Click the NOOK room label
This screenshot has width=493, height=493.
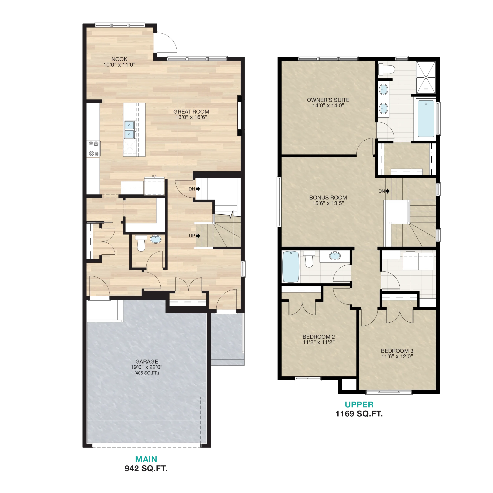(119, 59)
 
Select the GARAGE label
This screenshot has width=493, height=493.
(147, 362)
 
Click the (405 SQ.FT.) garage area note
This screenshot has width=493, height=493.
(147, 373)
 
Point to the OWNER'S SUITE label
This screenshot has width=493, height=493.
(328, 100)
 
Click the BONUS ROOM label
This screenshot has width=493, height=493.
(328, 198)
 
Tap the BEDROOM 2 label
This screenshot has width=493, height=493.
(319, 337)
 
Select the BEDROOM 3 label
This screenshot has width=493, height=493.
(397, 351)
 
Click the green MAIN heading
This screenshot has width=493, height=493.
(146, 459)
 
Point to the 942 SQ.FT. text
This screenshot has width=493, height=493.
(146, 469)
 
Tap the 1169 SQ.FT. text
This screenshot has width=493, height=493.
(359, 414)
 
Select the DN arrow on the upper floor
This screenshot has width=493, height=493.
(388, 191)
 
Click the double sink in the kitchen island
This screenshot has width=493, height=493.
(129, 130)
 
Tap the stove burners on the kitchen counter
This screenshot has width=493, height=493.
(93, 148)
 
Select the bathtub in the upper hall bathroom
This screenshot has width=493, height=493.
(291, 267)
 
